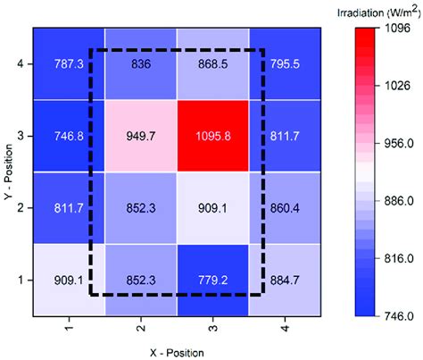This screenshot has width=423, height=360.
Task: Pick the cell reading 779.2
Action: [x=212, y=278]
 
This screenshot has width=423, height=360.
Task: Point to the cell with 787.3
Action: [x=69, y=63]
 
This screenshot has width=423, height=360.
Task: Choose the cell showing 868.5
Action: [x=212, y=63]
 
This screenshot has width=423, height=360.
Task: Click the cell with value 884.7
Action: [x=284, y=278]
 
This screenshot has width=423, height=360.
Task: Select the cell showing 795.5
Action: [x=284, y=63]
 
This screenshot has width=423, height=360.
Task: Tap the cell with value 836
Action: [x=141, y=63]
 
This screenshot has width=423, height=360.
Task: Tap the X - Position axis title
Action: [x=176, y=351]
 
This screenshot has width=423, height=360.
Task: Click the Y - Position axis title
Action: [x=8, y=170]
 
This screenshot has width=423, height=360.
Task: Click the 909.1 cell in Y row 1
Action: [x=69, y=278]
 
